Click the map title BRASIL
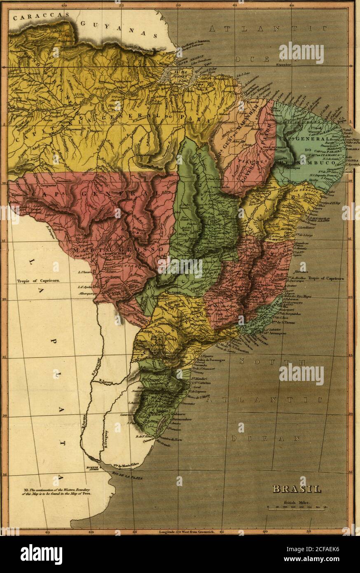click(297, 489)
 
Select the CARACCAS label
click(40, 17)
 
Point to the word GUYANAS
click(119, 29)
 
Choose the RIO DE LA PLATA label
click(125, 477)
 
